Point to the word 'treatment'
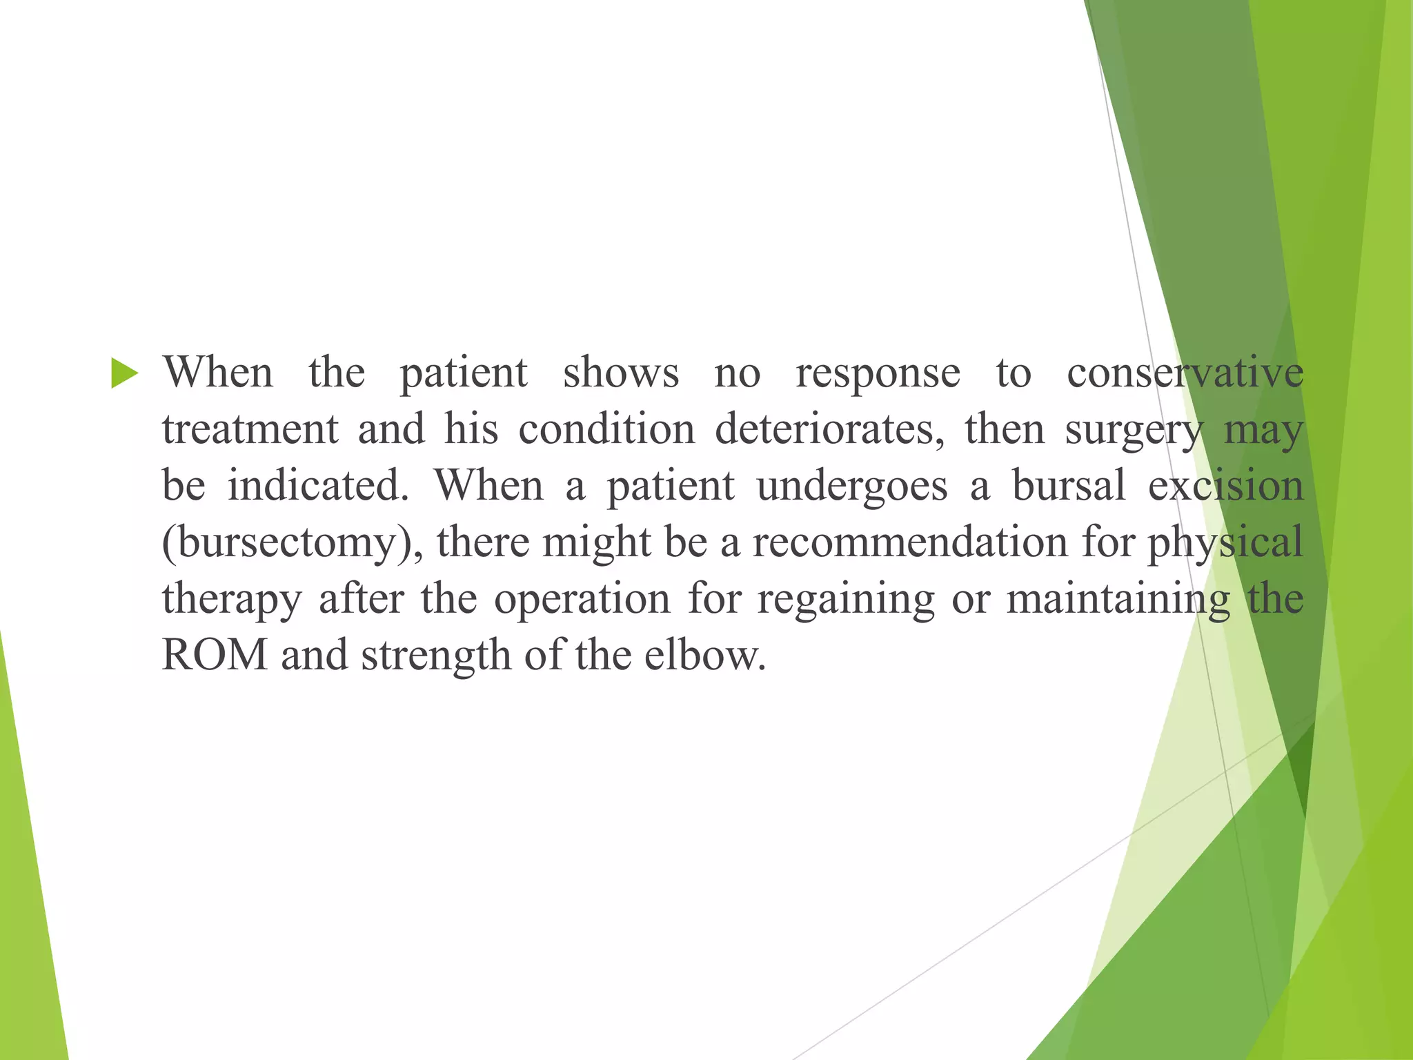pyautogui.click(x=250, y=429)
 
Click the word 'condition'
pyautogui.click(x=606, y=429)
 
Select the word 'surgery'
pyautogui.click(x=1134, y=431)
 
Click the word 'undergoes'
pyautogui.click(x=851, y=487)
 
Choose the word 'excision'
pyautogui.click(x=1225, y=485)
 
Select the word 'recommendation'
pyautogui.click(x=910, y=542)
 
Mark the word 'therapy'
pyautogui.click(x=232, y=599)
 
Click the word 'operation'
pyautogui.click(x=582, y=599)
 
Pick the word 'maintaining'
pyautogui.click(x=1118, y=599)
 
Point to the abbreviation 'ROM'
pyautogui.click(x=215, y=655)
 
